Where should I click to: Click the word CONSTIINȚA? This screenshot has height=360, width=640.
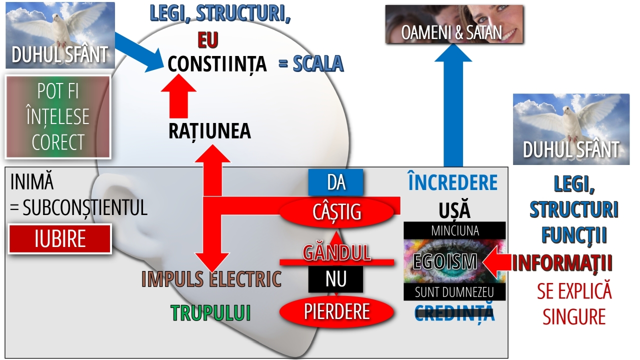217,64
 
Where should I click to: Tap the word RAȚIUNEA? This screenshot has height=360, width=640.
209,131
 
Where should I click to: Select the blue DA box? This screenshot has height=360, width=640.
336,182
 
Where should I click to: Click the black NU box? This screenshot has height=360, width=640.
335,279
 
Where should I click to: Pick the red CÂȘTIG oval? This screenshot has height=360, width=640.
336,212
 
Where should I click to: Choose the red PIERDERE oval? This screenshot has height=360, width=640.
336,311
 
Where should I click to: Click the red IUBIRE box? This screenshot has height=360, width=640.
60,239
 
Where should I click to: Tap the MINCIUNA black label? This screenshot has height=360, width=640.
454,230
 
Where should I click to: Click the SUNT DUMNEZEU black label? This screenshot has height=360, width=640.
454,291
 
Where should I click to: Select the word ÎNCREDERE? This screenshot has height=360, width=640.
452,183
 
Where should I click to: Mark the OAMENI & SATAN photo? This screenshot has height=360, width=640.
454,24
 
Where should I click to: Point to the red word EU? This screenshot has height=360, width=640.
207,39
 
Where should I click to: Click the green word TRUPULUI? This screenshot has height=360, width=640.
210,313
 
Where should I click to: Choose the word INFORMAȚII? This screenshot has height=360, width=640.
562,263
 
